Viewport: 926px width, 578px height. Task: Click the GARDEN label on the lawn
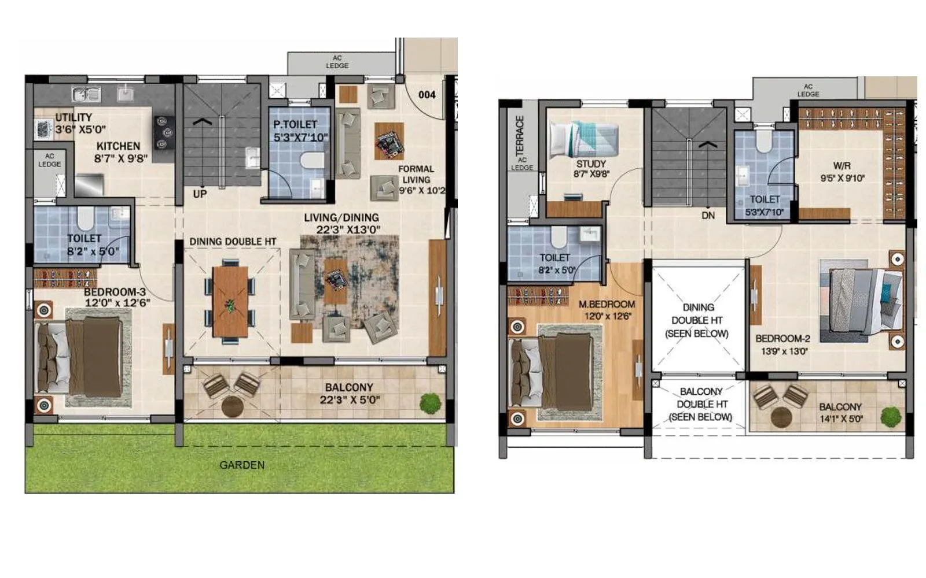242,465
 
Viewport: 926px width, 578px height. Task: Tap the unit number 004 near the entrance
427,95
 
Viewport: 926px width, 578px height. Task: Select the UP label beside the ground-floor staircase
200,194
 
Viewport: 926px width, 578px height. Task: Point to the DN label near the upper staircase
708,216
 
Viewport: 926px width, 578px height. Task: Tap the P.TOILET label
295,124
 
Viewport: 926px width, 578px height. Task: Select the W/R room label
842,166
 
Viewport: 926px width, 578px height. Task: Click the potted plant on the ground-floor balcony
430,403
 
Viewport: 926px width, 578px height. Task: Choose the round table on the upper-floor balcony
781,417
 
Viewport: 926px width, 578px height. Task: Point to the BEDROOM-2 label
782,339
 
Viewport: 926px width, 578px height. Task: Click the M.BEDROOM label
606,304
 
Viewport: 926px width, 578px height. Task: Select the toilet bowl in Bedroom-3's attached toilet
85,218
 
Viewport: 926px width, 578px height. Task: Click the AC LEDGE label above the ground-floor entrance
337,62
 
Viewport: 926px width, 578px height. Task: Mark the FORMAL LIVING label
416,174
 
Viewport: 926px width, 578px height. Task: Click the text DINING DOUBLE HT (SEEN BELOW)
697,320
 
